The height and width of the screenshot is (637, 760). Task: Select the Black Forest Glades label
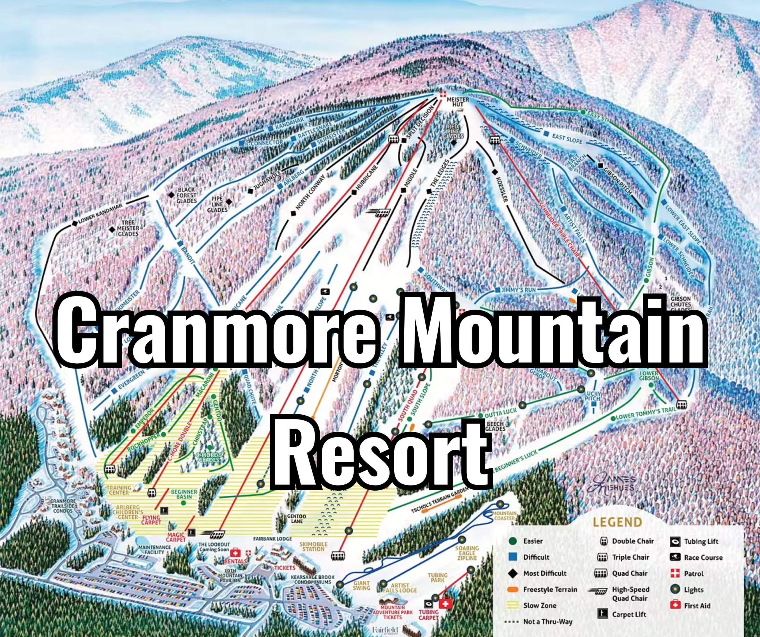(x=186, y=195)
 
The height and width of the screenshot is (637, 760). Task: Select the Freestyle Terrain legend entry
(x=550, y=590)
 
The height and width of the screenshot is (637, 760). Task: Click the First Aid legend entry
(x=697, y=606)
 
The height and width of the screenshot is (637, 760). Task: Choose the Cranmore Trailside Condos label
(x=63, y=506)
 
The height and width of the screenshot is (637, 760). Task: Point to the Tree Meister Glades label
(x=128, y=228)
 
